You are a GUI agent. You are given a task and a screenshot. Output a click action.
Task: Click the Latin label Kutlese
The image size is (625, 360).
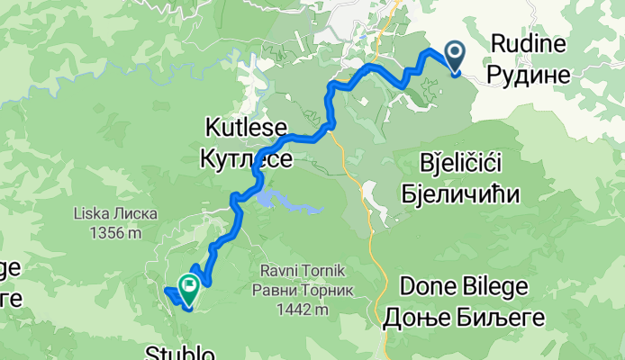click(x=247, y=126)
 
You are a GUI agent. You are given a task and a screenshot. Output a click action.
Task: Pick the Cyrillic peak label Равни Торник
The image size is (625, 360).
click(x=303, y=289)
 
